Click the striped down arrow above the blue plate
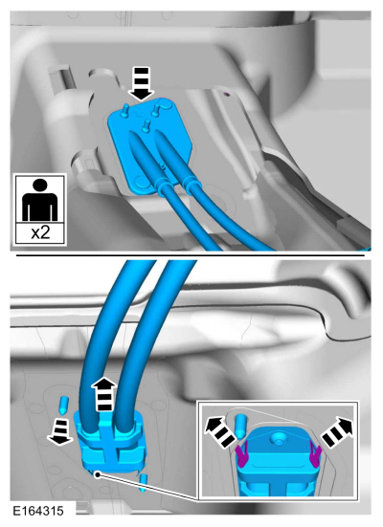pyautogui.click(x=142, y=83)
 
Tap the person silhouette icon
pyautogui.click(x=39, y=200)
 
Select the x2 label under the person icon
pyautogui.click(x=40, y=232)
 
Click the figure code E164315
pyautogui.click(x=38, y=511)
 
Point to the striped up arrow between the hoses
pyautogui.click(x=104, y=394)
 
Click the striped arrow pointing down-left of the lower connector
pyautogui.click(x=60, y=432)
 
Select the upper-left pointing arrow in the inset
pyautogui.click(x=220, y=430)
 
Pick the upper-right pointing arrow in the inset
pyautogui.click(x=337, y=431)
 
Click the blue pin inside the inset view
pyautogui.click(x=241, y=427)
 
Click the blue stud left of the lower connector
pyautogui.click(x=63, y=405)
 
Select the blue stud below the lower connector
pyautogui.click(x=144, y=482)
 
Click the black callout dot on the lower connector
pyautogui.click(x=98, y=474)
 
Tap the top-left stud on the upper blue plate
pyautogui.click(x=125, y=111)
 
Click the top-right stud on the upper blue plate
pyautogui.click(x=155, y=110)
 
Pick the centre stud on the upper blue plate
pyautogui.click(x=146, y=125)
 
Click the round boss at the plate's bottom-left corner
pyautogui.click(x=141, y=182)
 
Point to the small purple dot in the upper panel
pyautogui.click(x=227, y=94)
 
